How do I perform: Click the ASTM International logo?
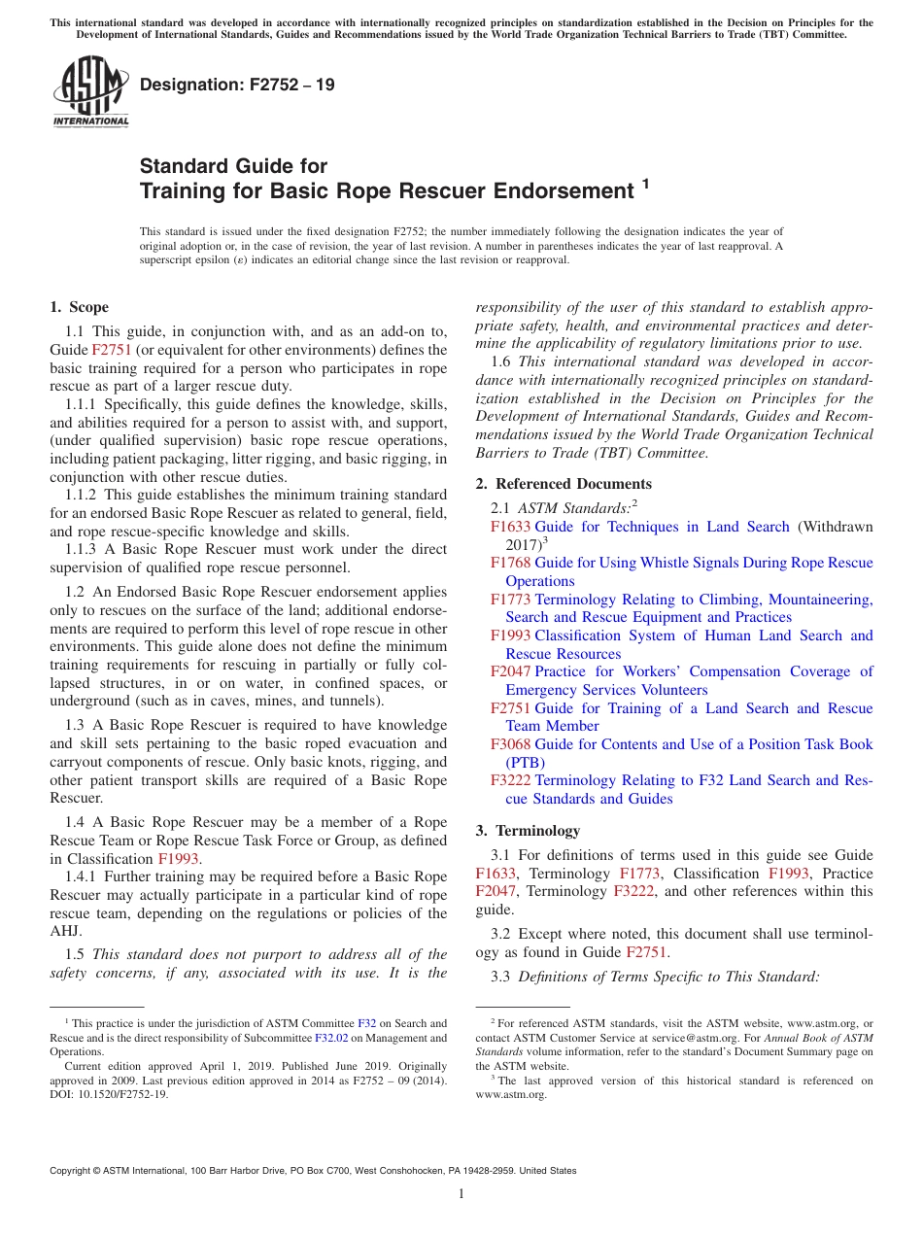[90, 91]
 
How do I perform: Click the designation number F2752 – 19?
[237, 85]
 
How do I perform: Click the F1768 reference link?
[510, 563]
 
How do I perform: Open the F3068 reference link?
[510, 744]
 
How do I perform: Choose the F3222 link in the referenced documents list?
[510, 780]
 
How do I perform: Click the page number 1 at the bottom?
[461, 1193]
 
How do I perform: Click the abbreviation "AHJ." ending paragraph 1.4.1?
[64, 931]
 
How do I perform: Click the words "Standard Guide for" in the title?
[233, 166]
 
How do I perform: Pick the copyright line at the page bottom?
[313, 1171]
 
